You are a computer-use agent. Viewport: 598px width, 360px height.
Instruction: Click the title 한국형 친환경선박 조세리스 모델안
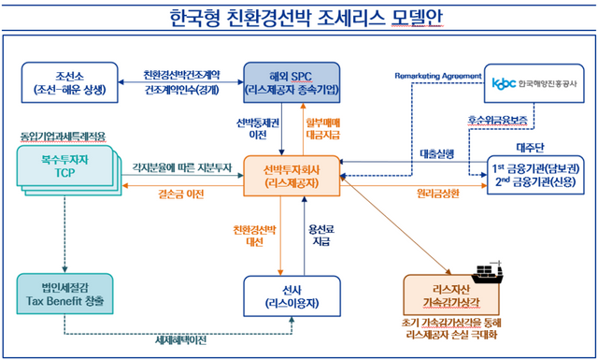[x=298, y=18]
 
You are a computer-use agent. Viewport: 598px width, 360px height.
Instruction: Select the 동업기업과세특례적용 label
[x=64, y=137]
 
